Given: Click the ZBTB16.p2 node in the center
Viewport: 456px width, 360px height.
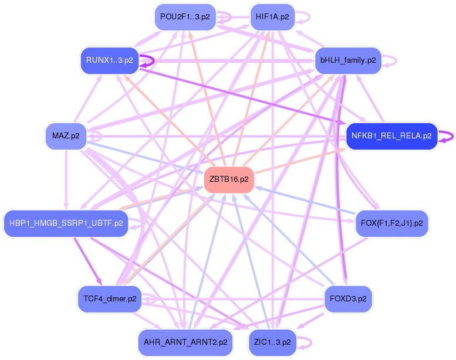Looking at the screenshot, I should (228, 179).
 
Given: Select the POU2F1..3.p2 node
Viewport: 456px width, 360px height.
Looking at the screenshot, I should (185, 17).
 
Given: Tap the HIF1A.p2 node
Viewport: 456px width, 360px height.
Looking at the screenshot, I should (272, 17).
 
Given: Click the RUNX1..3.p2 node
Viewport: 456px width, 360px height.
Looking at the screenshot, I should (109, 60).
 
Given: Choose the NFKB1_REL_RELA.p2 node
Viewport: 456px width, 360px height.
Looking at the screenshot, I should (391, 136).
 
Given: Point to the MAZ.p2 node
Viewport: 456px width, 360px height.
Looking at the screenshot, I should (66, 136).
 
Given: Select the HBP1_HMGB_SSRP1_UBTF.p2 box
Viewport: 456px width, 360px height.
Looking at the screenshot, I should (66, 223).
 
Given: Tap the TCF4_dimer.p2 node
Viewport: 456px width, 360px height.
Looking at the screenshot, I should (110, 298).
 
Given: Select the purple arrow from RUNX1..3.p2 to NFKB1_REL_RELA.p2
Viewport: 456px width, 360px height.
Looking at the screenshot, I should (241, 97).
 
